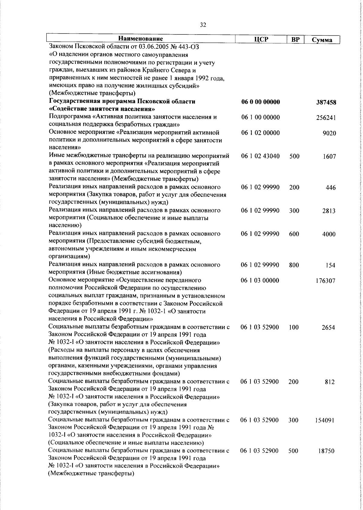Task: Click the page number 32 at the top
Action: (x=203, y=25)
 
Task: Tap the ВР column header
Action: (x=295, y=39)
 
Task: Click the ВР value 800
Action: (x=294, y=265)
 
